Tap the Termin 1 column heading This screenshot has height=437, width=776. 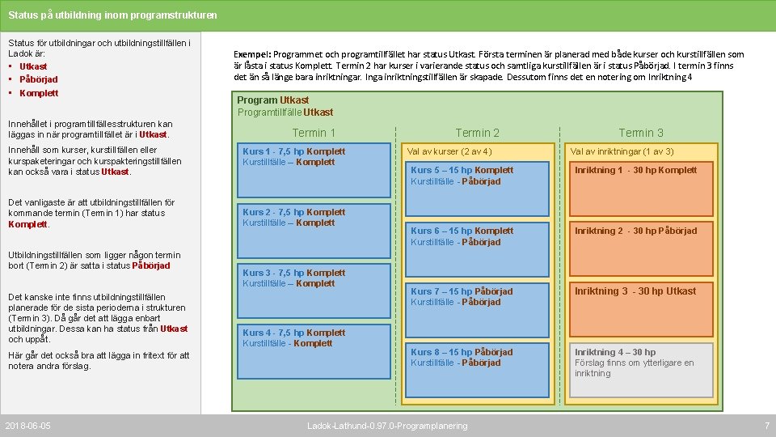click(x=314, y=133)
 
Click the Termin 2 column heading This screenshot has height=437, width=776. click(x=478, y=133)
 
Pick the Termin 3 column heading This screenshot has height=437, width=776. click(x=641, y=133)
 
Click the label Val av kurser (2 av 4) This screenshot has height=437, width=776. click(x=449, y=151)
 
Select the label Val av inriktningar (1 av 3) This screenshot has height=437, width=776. click(x=622, y=151)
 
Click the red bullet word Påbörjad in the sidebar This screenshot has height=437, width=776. click(x=38, y=79)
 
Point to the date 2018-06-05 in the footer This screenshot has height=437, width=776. click(x=28, y=426)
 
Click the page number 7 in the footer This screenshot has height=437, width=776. click(x=766, y=426)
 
